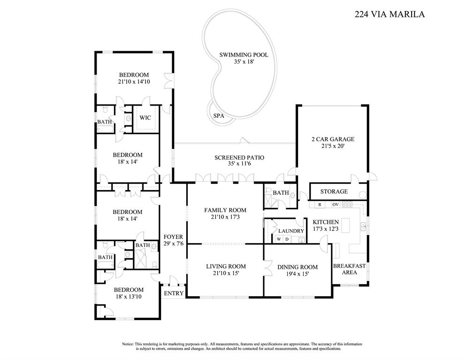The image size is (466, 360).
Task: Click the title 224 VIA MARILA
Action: point(390,14)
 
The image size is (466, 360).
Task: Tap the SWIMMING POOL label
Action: point(244,55)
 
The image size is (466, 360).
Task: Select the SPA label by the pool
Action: point(218,116)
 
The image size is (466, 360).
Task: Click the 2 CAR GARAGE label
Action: point(332,139)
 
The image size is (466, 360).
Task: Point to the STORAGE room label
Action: point(334,191)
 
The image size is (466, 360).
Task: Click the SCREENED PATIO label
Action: point(239,158)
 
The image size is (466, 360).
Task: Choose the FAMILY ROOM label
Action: point(225,210)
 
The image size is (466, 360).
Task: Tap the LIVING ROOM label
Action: point(226,267)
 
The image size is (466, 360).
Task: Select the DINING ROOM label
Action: point(298,267)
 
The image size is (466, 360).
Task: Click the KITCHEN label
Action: point(326,222)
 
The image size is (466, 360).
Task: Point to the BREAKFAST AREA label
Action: point(349,269)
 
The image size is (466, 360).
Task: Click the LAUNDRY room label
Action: point(291,231)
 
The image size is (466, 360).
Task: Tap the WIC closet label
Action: point(145,118)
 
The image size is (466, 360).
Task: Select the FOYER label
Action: point(173,237)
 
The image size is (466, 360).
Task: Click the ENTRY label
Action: point(174,293)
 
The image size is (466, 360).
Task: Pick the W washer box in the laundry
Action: point(278,240)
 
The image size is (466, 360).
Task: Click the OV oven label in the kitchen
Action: point(336,205)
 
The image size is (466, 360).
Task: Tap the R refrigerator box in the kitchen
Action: point(320,205)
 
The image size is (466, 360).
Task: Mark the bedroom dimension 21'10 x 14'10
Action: point(134,82)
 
